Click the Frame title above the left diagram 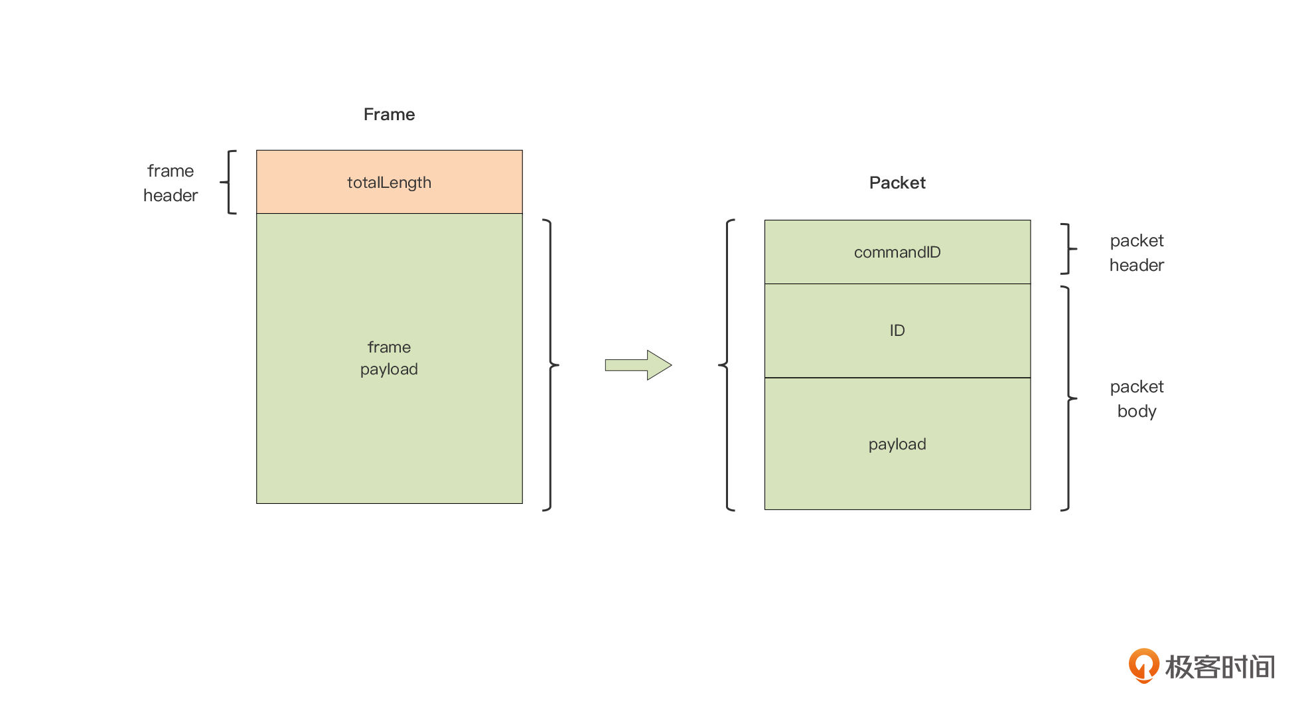[389, 114]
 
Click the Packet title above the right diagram [897, 183]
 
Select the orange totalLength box [390, 182]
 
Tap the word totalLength [389, 183]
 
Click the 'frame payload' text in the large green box [389, 358]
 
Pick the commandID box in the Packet [897, 252]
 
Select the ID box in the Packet [897, 331]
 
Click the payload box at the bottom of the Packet [897, 443]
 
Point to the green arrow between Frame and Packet [638, 364]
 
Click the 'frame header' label [171, 183]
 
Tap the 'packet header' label [1137, 253]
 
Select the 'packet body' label [1137, 399]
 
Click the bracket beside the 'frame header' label [229, 182]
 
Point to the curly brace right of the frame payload [551, 364]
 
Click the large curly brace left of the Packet [727, 364]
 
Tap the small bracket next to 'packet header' [1068, 249]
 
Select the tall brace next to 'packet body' [1068, 398]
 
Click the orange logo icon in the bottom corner [1143, 665]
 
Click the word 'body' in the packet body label [1137, 412]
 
